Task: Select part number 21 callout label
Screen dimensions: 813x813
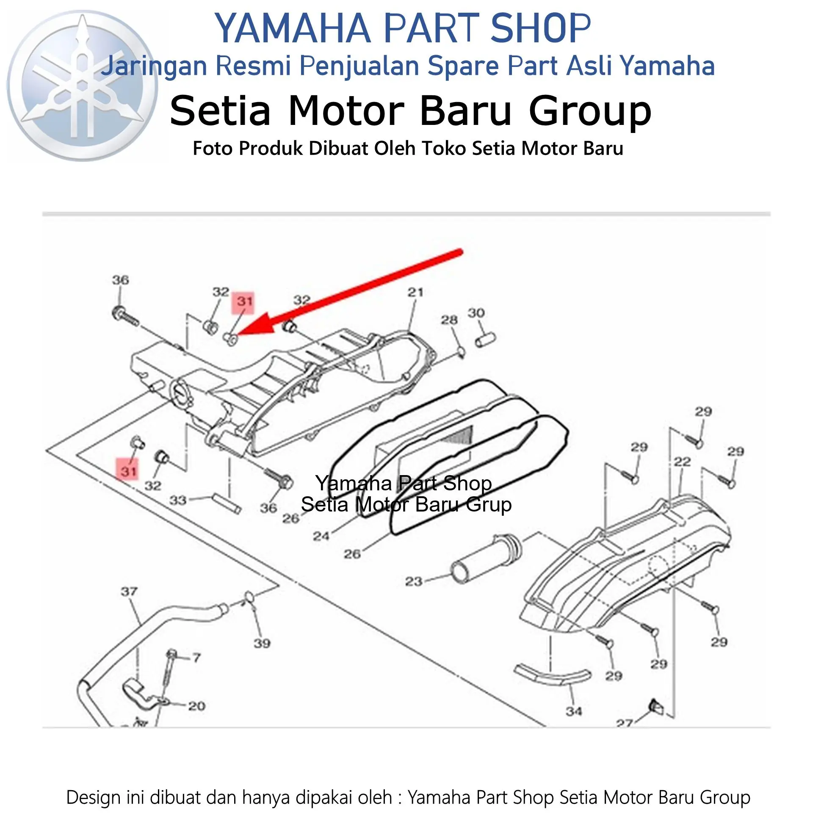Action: [x=415, y=292]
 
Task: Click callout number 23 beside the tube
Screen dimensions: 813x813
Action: [x=414, y=581]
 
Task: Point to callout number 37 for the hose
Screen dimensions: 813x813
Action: [x=129, y=592]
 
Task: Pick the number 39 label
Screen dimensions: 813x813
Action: [x=262, y=644]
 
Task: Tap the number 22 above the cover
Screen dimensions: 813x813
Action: [x=682, y=462]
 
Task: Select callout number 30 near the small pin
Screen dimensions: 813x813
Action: [x=476, y=313]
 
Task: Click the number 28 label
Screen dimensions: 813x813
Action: [x=449, y=320]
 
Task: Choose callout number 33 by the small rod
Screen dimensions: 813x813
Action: [x=178, y=500]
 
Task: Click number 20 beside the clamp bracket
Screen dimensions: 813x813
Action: [x=196, y=706]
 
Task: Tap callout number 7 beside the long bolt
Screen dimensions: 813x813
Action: [x=196, y=658]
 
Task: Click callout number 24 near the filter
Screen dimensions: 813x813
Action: [x=321, y=536]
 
